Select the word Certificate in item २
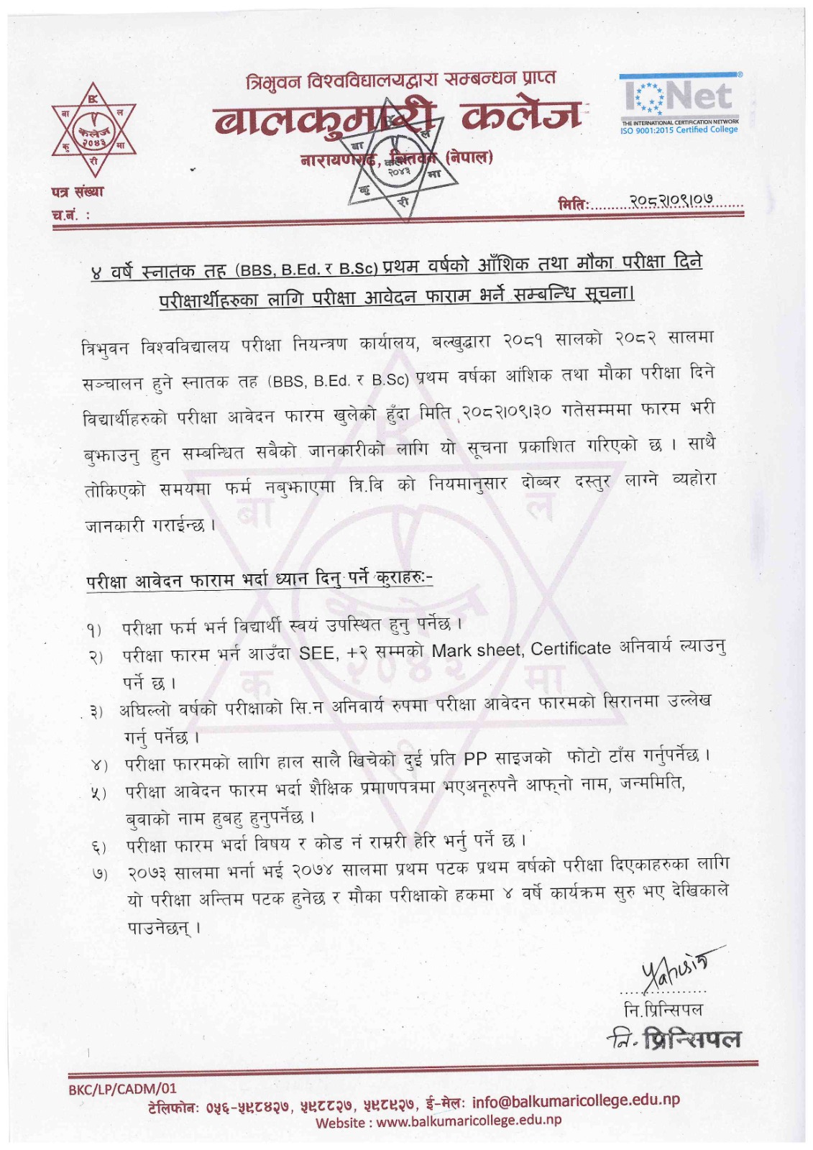(571, 649)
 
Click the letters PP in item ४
(475, 759)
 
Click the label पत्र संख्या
(78, 192)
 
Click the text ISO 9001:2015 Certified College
(679, 130)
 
